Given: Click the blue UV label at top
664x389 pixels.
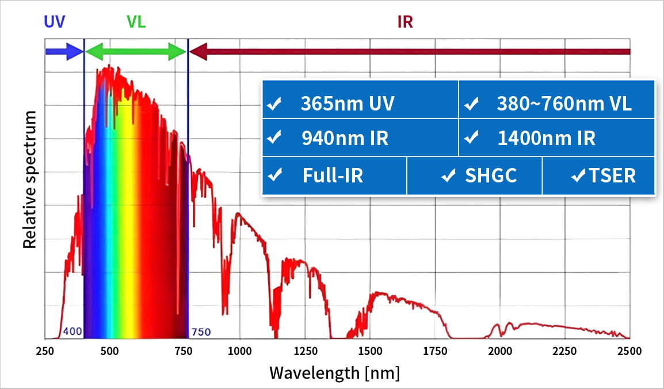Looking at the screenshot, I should tap(55, 22).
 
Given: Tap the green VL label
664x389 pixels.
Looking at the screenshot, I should tap(136, 22).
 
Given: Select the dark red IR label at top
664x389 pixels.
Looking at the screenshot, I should tap(405, 22).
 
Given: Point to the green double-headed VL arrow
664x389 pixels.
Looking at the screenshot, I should tap(136, 52).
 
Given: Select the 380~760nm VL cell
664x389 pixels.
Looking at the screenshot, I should tap(556, 104).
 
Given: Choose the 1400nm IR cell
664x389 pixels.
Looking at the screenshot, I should tap(556, 138).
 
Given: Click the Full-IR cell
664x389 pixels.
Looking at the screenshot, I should tap(334, 176).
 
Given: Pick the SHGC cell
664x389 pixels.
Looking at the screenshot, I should tap(474, 176).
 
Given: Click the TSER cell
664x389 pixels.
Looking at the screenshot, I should tap(598, 176).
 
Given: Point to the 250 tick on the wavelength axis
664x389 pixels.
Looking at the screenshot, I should tap(45, 351).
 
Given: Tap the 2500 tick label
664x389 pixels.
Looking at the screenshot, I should tap(629, 351).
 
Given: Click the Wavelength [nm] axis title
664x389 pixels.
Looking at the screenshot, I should tap(334, 373).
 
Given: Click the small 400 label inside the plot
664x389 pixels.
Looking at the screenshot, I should tap(72, 332).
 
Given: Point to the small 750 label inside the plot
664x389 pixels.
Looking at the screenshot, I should tap(201, 332).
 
